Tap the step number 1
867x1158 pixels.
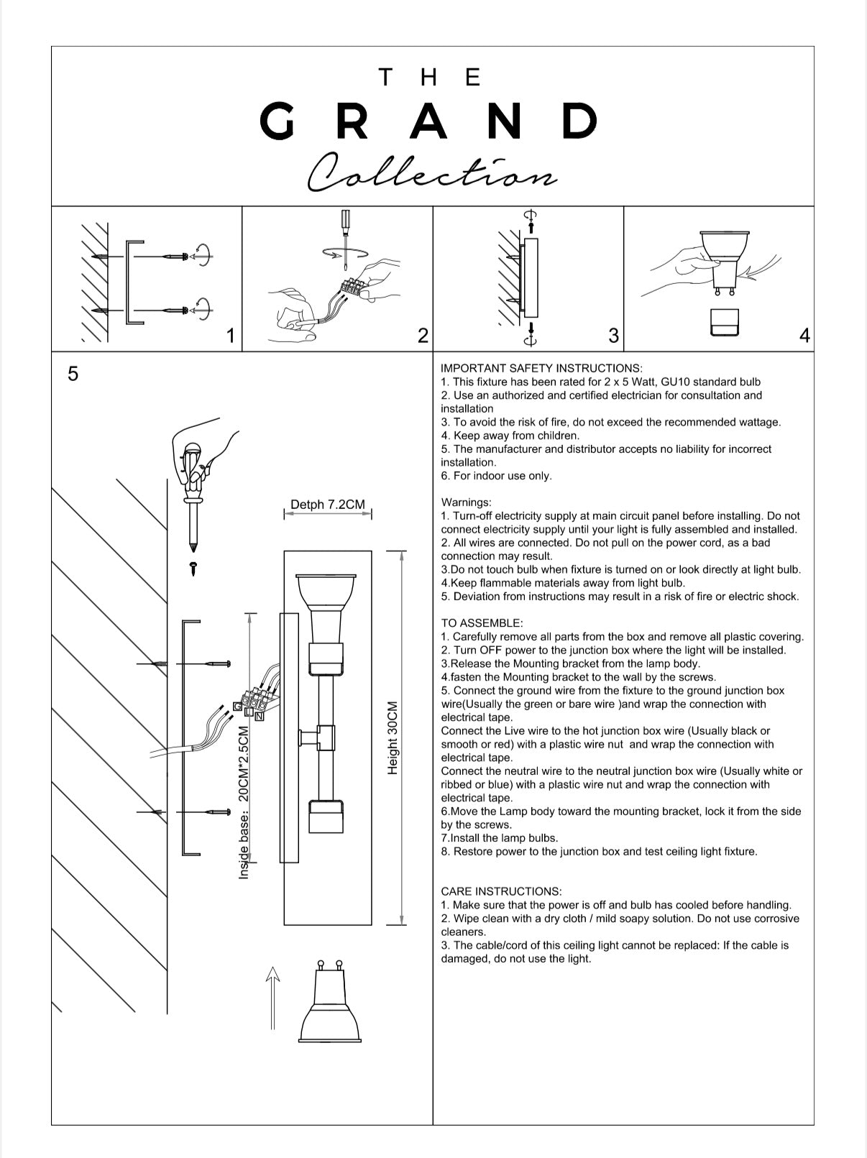pos(230,336)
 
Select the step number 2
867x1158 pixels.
pos(423,336)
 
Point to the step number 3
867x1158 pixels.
pos(613,336)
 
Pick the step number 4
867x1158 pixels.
pos(804,336)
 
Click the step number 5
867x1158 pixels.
pos(73,374)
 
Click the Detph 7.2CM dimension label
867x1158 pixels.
pos(327,505)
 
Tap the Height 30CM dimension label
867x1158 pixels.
pos(393,737)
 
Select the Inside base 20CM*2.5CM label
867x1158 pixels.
pos(244,802)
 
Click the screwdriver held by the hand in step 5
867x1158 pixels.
pos(193,503)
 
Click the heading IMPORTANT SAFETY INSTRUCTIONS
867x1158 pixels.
pos(541,368)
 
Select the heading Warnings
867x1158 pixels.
pos(466,502)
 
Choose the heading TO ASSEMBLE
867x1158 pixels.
pos(482,623)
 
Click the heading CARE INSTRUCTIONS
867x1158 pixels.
pos(501,891)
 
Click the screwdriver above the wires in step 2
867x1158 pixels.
pos(346,237)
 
